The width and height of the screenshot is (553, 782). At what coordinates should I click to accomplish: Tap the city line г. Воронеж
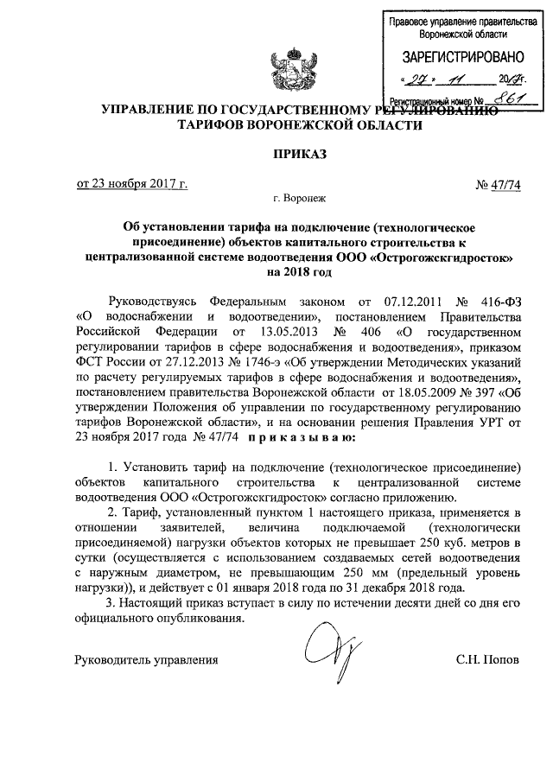coord(301,199)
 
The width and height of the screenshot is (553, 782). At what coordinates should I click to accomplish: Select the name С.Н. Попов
coord(488,660)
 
